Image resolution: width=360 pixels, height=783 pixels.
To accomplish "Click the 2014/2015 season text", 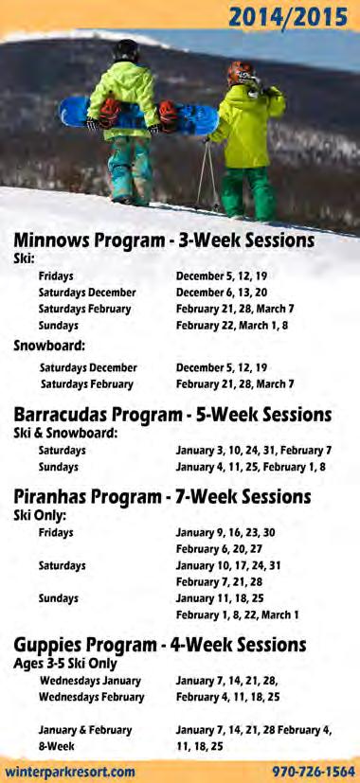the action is [x=288, y=17].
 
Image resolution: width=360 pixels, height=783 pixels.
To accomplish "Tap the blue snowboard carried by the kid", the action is [x=139, y=115].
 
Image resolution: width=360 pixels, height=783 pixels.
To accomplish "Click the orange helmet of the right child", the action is [x=242, y=73].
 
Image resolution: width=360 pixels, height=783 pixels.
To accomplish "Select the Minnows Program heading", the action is [x=164, y=240].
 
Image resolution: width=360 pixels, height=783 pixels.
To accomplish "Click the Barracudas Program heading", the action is [x=172, y=415].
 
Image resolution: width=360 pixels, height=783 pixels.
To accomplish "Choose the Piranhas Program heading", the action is [x=162, y=497].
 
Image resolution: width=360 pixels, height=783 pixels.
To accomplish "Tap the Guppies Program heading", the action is [x=160, y=645].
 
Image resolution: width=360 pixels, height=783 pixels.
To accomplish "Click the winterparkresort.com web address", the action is [x=70, y=771].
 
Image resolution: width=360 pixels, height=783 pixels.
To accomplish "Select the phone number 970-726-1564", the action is [x=314, y=771].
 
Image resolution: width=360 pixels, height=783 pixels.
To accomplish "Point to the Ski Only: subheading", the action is [x=40, y=515].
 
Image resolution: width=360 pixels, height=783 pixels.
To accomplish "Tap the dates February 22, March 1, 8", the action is [x=232, y=326].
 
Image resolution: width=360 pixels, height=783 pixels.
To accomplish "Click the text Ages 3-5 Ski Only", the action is [x=65, y=663].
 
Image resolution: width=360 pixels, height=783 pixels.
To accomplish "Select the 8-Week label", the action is [x=57, y=746].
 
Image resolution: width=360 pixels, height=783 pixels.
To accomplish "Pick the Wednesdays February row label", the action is [x=92, y=697].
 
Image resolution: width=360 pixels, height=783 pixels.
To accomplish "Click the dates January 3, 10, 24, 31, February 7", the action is [x=254, y=451].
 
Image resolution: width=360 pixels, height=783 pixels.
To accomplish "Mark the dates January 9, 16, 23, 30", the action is [x=225, y=533].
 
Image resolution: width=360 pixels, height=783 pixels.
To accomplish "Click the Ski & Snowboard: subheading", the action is [x=65, y=433].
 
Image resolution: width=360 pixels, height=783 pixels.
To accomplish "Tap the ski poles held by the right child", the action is [x=208, y=172].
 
